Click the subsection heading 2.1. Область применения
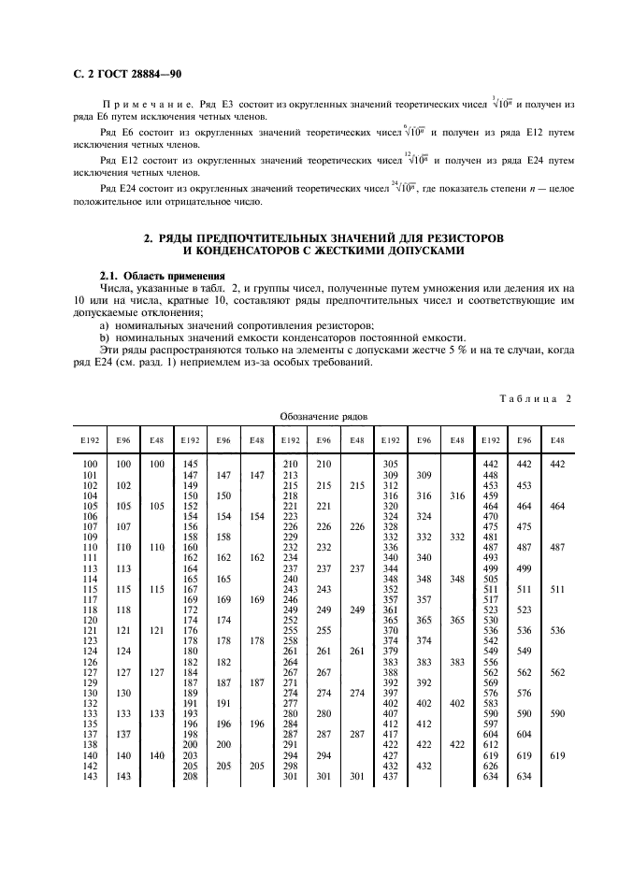tap(163, 276)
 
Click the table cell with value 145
tap(190, 465)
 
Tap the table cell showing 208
tap(190, 777)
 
